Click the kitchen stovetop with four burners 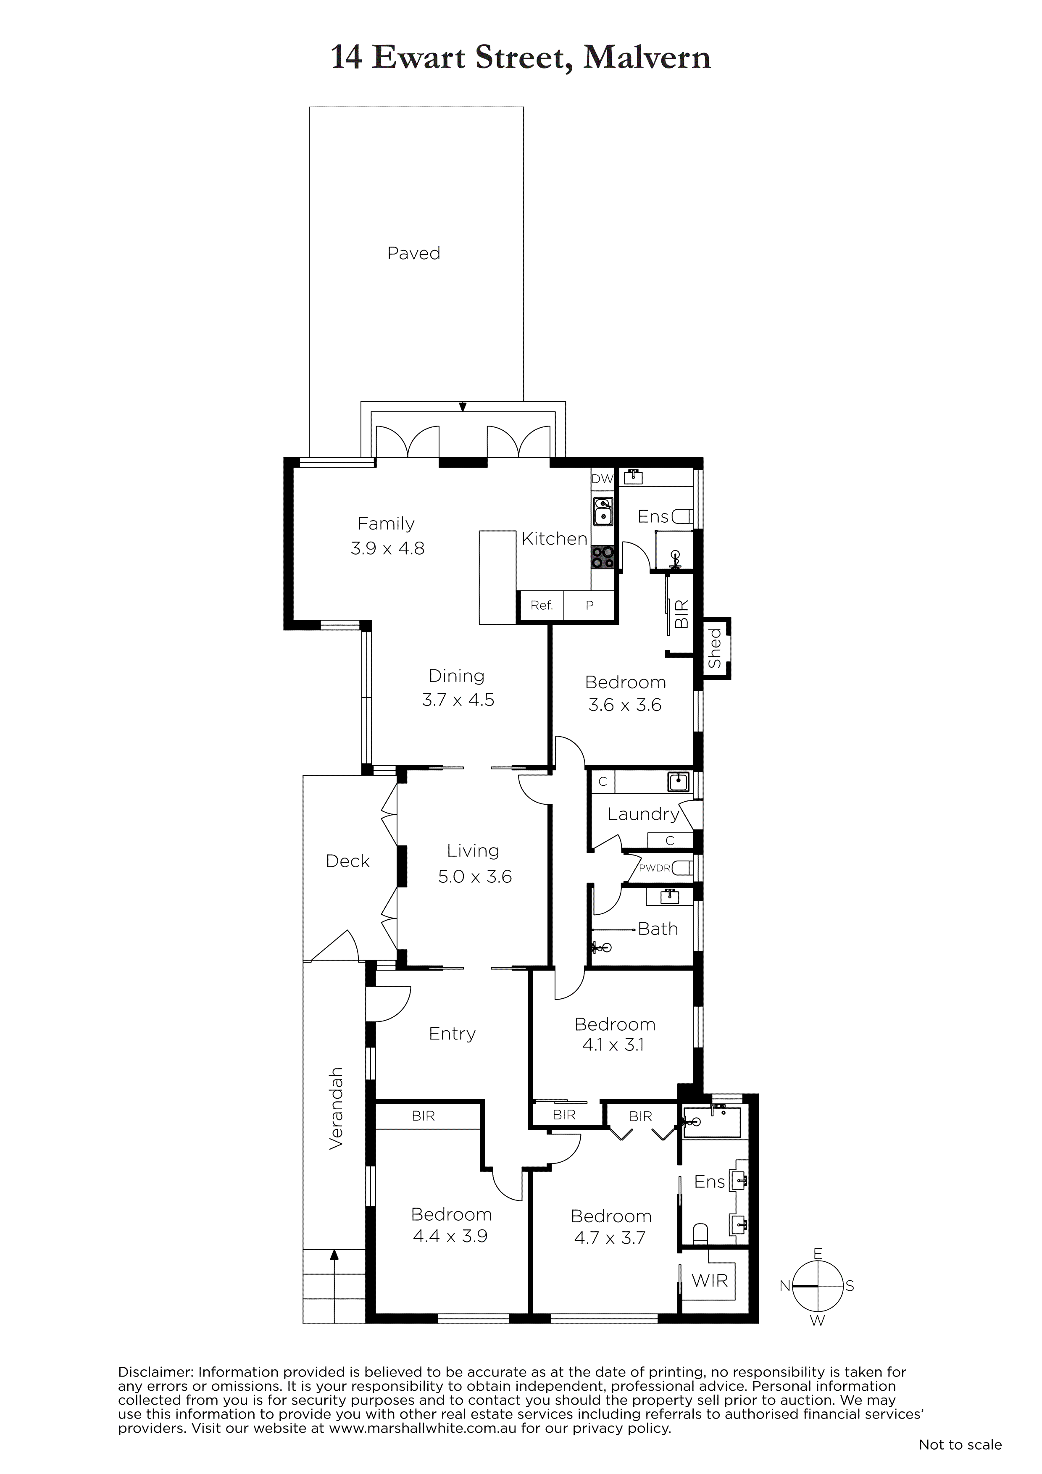coord(603,557)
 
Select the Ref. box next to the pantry coord(541,605)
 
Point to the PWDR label coord(655,869)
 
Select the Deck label coord(347,861)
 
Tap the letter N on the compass coord(784,1286)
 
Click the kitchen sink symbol coord(603,512)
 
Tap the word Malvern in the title coord(647,58)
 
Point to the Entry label coord(452,1034)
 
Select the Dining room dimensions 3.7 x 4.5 coord(458,700)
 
